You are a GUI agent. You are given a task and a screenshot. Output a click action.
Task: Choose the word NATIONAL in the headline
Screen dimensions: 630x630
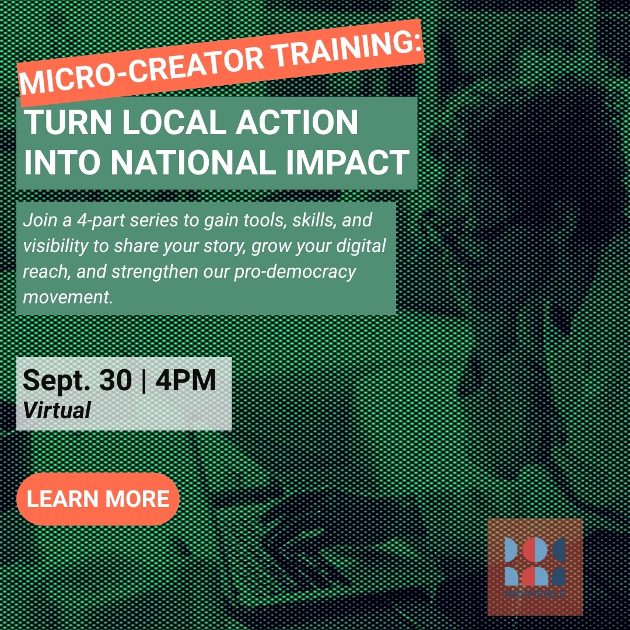tap(193, 162)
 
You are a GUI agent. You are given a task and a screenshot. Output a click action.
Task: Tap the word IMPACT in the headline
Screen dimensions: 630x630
tap(348, 162)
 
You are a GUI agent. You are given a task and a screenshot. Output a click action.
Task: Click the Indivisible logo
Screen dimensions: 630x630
tap(535, 566)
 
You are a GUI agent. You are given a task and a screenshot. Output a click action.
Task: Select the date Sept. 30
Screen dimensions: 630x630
tap(77, 380)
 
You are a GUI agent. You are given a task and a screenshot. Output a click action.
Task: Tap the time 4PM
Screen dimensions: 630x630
tap(185, 380)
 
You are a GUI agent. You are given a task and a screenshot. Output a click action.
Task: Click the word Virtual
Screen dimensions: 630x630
tap(57, 410)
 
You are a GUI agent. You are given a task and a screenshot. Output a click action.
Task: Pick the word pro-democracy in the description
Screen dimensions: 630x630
tap(295, 272)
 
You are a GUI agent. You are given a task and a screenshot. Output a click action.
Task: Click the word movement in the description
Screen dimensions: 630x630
tap(68, 297)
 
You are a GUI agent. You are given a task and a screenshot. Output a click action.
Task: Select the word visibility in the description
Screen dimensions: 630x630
tap(56, 246)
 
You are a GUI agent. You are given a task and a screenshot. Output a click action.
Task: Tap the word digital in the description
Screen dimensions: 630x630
tap(361, 246)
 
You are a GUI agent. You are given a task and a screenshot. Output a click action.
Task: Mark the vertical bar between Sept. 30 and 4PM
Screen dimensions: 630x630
tap(144, 380)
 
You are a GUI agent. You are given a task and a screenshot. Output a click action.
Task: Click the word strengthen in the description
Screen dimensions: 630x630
tap(155, 272)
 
